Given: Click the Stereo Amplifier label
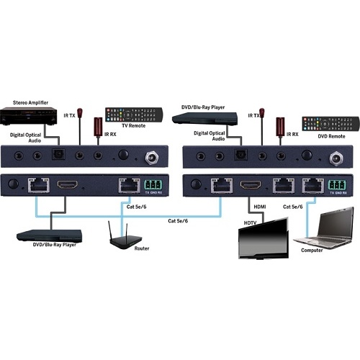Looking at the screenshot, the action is point(30,103).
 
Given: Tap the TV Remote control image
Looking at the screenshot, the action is point(134,114).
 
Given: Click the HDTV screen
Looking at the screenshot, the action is point(264,238).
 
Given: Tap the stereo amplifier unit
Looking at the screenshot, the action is point(29,116).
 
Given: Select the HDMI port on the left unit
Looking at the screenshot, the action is point(68,184).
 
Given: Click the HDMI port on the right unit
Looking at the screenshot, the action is point(251,184).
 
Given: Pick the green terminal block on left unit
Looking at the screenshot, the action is point(153,185).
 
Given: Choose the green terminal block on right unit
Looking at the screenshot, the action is point(337,185).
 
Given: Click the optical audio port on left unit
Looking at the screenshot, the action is point(58,154).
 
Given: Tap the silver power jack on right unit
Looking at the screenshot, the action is point(336,158).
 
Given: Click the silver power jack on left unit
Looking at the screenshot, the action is point(152,158).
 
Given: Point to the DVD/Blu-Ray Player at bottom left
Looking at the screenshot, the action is point(50,236).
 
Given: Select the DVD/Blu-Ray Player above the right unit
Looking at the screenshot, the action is point(204,118).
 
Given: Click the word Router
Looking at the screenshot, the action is point(142,248).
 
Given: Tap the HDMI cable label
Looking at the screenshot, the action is point(260,207).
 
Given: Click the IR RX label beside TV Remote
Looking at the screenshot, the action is point(110,135).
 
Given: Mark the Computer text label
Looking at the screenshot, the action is point(312,250).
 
